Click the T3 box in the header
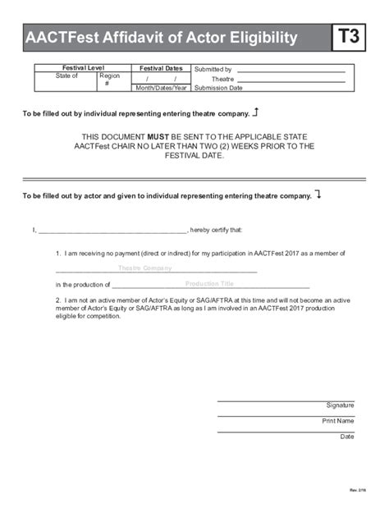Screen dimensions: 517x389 pyautogui.click(x=349, y=39)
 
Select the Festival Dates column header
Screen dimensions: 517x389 pyautogui.click(x=161, y=68)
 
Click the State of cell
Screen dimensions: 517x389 pyautogui.click(x=66, y=76)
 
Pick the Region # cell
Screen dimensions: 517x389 pyautogui.click(x=108, y=80)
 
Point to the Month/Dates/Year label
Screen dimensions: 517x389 pyautogui.click(x=161, y=88)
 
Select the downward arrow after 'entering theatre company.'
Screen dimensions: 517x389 pyautogui.click(x=318, y=195)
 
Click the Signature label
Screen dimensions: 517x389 pyautogui.click(x=340, y=405)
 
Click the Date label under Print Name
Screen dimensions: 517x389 pyautogui.click(x=347, y=437)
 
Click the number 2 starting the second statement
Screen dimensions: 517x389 pyautogui.click(x=57, y=300)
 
